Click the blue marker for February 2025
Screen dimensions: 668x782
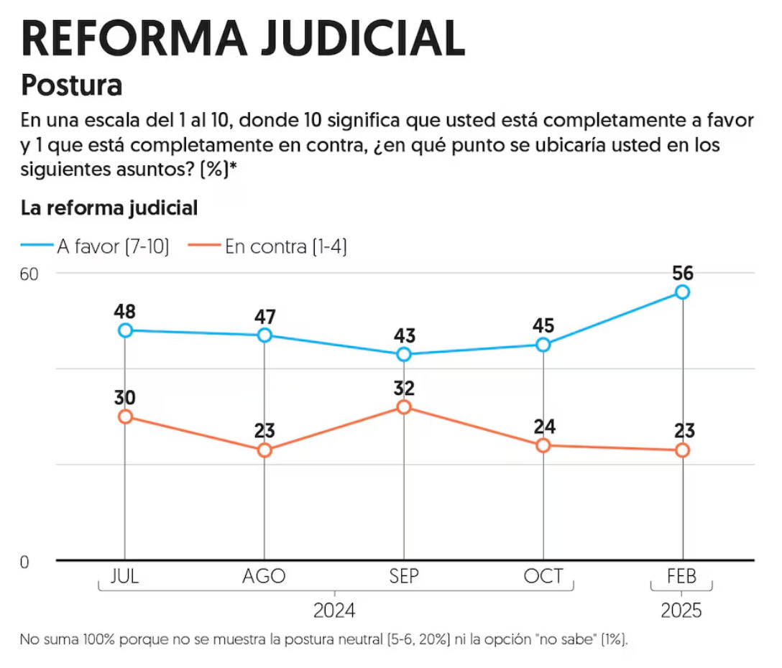[682, 292]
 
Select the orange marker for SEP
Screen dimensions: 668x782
[404, 407]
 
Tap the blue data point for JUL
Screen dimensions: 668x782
[126, 330]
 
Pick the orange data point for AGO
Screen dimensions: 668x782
[264, 450]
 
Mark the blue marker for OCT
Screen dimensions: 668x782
[543, 345]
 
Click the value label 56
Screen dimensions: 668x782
[682, 273]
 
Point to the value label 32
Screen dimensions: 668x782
[404, 389]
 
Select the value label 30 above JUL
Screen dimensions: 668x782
[125, 398]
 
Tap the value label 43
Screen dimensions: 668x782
[404, 336]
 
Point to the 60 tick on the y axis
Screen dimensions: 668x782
[29, 274]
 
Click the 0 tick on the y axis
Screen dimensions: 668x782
[24, 562]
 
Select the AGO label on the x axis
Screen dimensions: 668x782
[264, 577]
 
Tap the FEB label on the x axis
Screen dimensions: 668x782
[681, 577]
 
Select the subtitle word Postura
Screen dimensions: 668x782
[72, 85]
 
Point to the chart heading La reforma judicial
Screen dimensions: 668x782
[109, 208]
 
